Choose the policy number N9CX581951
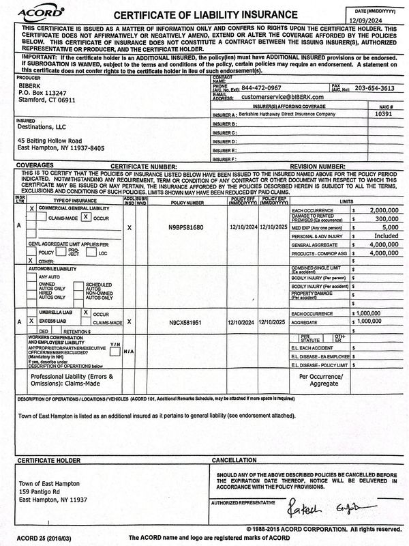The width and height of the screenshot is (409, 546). click(x=186, y=320)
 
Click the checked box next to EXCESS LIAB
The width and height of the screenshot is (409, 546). click(x=30, y=320)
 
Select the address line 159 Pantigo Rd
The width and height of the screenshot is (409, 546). click(x=43, y=491)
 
